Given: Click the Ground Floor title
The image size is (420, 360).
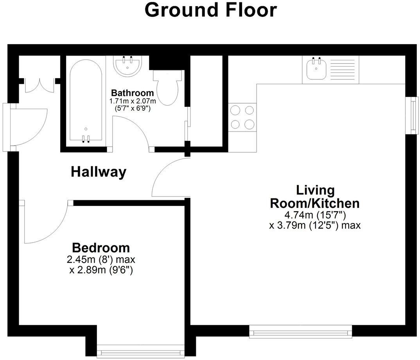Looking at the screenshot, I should (x=210, y=11).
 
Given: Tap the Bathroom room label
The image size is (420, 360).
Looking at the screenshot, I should (x=132, y=93).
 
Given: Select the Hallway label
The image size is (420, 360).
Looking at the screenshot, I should (x=99, y=172).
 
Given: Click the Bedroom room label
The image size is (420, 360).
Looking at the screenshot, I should (x=101, y=248).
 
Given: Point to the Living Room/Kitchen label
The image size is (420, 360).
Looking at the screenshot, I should (x=315, y=197).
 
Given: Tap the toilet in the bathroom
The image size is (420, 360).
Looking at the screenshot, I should (x=168, y=87).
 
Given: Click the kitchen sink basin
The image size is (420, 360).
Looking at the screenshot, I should (x=315, y=70).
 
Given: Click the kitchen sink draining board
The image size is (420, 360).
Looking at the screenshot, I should (x=342, y=69).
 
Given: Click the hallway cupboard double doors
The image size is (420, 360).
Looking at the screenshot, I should (x=39, y=84).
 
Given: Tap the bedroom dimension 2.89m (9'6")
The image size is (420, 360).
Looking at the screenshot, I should (x=101, y=270).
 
